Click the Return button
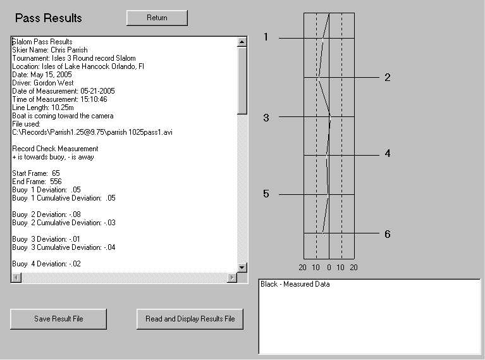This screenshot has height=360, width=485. (157, 18)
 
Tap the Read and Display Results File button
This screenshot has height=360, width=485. (190, 319)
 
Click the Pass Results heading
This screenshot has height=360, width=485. (49, 18)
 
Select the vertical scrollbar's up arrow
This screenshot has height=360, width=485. (242, 42)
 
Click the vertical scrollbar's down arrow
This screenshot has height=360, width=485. (242, 268)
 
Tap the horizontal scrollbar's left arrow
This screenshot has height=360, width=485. (16, 278)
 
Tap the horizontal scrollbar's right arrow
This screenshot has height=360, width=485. (232, 278)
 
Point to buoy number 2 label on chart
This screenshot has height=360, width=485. (388, 77)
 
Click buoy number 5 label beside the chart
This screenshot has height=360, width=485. (266, 194)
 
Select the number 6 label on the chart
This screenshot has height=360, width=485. (388, 234)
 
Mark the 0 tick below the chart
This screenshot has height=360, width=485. (329, 268)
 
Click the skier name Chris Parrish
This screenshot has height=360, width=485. (69, 50)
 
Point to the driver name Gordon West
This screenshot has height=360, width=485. (54, 83)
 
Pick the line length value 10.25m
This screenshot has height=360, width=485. (63, 108)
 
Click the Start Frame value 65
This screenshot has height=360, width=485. (56, 173)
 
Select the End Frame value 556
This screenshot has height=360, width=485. (56, 182)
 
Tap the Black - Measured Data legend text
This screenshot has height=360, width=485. (295, 284)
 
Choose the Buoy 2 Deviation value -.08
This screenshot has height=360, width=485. (75, 214)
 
